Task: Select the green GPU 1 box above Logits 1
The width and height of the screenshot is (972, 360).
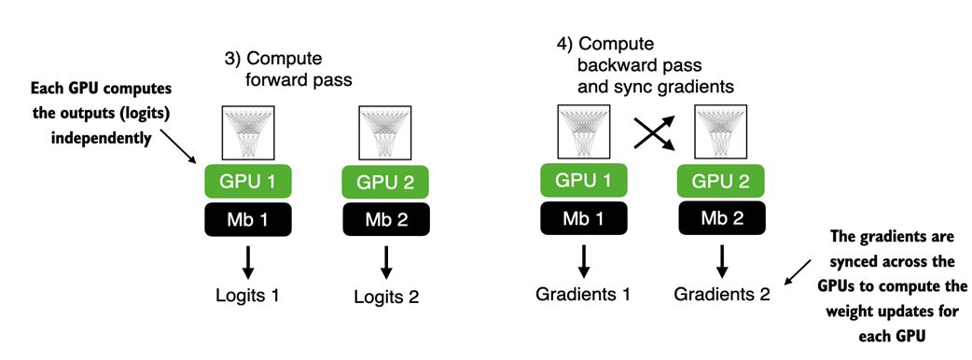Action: click(x=248, y=182)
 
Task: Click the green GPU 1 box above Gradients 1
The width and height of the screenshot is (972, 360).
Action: click(x=583, y=180)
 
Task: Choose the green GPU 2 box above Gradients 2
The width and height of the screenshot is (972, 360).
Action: click(x=721, y=182)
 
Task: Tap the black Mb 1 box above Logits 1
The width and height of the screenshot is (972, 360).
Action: click(x=248, y=219)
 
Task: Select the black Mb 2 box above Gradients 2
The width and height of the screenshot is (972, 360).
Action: click(x=721, y=218)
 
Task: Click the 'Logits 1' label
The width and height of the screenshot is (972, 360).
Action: click(x=247, y=295)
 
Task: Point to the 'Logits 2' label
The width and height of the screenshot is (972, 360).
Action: click(x=386, y=297)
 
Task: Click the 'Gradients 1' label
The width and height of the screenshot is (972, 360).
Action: click(x=583, y=294)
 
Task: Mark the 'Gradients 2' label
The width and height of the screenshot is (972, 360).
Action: click(x=722, y=295)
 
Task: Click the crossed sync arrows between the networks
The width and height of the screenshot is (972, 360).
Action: click(x=653, y=132)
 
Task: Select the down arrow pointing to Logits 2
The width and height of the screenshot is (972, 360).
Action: click(x=386, y=263)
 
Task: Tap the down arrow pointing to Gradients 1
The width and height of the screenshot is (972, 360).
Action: click(x=583, y=261)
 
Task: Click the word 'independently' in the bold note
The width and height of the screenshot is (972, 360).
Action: click(x=101, y=138)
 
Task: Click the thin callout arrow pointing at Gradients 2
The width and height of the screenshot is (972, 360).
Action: click(x=796, y=273)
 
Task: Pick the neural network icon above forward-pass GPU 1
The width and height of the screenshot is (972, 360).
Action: click(x=248, y=133)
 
